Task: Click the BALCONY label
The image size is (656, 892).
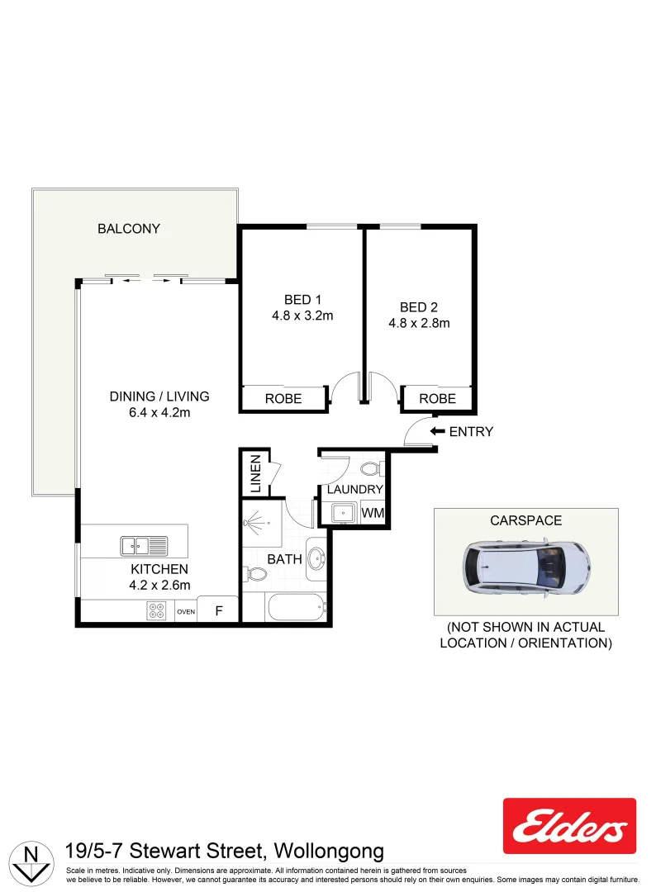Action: coord(129,229)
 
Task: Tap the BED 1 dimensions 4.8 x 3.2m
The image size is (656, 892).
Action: coord(302,316)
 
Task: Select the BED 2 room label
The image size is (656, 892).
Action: coord(419,307)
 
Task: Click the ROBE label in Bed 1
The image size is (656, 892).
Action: coord(283,399)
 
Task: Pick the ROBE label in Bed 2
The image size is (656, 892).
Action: coord(438,399)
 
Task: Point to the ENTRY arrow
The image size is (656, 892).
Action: coord(437,431)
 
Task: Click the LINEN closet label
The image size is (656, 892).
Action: coord(255,473)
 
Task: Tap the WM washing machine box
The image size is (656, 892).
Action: coord(373,513)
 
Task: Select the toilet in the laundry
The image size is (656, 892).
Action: coord(372,469)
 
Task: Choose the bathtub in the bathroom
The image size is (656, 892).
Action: coord(297,608)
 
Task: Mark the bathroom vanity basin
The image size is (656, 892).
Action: coord(316,558)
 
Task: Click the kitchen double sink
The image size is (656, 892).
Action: coord(144,546)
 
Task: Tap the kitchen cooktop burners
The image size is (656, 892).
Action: coord(156,611)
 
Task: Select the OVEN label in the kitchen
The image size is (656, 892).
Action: coord(186,612)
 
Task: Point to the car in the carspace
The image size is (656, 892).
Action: coord(525,568)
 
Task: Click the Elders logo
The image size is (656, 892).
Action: coord(569,826)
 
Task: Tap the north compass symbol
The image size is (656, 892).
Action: coord(31,863)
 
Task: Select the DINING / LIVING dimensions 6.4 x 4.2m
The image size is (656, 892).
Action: coord(159,413)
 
